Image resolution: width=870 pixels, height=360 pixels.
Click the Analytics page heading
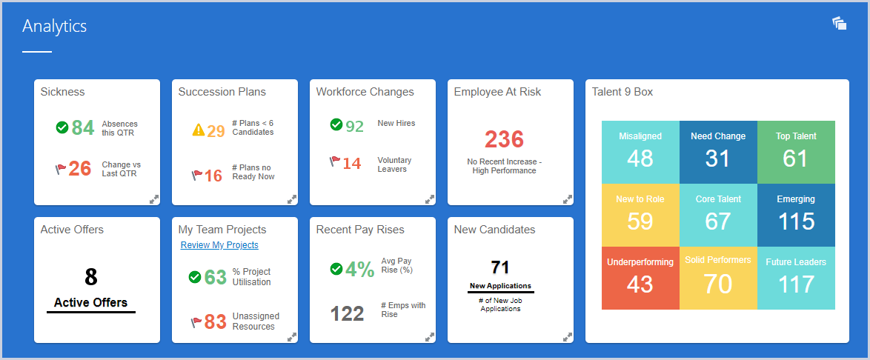[x=54, y=27]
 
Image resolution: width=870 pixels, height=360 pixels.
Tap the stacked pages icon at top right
[x=839, y=24]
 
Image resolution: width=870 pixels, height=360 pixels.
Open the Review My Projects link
[x=219, y=245]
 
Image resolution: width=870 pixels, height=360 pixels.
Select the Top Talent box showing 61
[x=796, y=152]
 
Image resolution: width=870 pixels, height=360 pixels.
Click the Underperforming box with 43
[x=640, y=278]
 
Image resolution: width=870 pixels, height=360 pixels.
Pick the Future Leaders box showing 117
[x=796, y=278]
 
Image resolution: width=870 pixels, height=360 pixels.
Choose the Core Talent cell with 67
[x=718, y=215]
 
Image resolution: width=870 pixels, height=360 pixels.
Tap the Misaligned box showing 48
[x=640, y=152]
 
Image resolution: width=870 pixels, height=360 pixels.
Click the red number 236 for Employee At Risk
[x=504, y=139]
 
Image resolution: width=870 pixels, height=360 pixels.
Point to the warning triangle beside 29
[x=198, y=131]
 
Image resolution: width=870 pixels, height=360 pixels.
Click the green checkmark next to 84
[x=62, y=127]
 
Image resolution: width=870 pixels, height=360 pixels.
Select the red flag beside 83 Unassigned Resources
[x=196, y=322]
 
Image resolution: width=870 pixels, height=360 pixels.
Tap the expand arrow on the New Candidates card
[x=567, y=337]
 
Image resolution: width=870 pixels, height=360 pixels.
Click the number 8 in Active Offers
[x=90, y=277]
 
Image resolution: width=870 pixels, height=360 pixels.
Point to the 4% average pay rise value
[x=360, y=269]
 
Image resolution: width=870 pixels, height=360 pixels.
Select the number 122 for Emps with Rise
[x=347, y=314]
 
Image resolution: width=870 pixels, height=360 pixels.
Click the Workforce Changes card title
[x=365, y=92]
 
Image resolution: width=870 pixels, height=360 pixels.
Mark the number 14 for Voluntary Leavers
[x=352, y=164]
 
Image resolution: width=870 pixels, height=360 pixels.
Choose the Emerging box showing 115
[x=796, y=215]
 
